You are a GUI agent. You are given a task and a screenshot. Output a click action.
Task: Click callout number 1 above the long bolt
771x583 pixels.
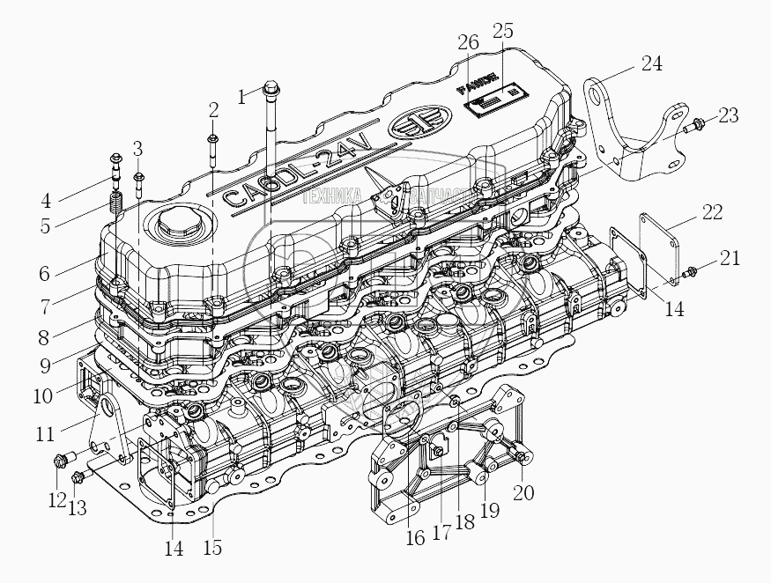(242, 97)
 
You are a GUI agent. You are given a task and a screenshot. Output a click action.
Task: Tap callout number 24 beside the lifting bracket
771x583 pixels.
(651, 63)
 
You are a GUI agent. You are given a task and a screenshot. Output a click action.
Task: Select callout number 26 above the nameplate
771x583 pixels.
(469, 41)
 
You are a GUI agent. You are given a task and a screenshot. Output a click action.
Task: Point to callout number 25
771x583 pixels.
(502, 31)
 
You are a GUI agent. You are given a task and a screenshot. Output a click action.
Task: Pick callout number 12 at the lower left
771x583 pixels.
(56, 500)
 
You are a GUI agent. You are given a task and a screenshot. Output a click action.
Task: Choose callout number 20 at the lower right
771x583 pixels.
(523, 492)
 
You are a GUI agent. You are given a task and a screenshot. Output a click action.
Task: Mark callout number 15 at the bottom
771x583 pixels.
(212, 547)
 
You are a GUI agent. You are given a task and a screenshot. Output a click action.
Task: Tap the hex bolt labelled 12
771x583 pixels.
(63, 459)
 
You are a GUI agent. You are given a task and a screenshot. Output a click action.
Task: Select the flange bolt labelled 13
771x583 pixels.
(78, 478)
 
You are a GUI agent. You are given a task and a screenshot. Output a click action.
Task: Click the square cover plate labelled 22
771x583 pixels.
(649, 251)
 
